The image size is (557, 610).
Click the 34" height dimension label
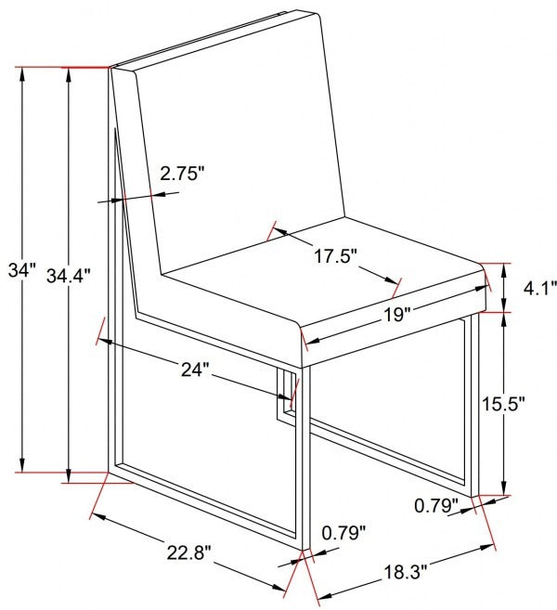(x=21, y=270)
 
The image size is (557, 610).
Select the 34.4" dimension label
(x=68, y=276)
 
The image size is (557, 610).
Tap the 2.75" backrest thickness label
(x=182, y=173)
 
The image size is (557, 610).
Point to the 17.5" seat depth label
(x=335, y=256)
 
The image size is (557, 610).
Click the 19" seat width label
(x=396, y=315)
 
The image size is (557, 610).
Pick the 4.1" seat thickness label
(x=540, y=289)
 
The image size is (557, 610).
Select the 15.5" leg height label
(x=503, y=404)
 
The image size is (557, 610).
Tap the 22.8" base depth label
(x=189, y=552)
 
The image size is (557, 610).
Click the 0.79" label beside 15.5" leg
(x=436, y=505)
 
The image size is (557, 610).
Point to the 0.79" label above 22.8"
(x=343, y=533)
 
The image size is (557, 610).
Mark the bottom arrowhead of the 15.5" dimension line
(x=504, y=488)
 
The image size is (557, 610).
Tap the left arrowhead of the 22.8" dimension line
(x=98, y=517)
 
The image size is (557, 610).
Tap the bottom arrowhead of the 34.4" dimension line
(x=69, y=476)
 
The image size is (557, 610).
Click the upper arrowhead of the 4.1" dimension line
(x=504, y=270)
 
